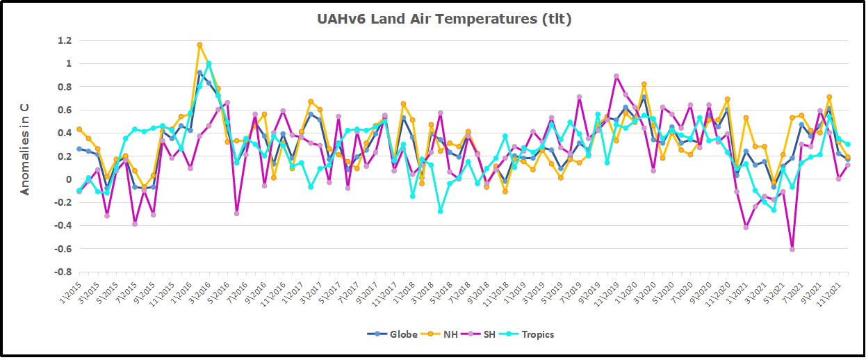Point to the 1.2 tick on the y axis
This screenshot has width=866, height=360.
(64, 40)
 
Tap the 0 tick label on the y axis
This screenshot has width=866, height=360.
(68, 179)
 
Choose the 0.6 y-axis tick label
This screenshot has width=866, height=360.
(64, 110)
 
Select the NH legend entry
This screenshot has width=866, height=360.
(446, 334)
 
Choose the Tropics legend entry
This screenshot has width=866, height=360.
(530, 334)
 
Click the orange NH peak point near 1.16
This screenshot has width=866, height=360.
(199, 45)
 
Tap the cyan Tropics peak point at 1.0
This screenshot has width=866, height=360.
(209, 64)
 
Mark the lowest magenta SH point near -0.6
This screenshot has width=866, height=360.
(792, 249)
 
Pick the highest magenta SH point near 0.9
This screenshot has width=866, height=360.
(616, 76)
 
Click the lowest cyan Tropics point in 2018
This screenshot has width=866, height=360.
(440, 211)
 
